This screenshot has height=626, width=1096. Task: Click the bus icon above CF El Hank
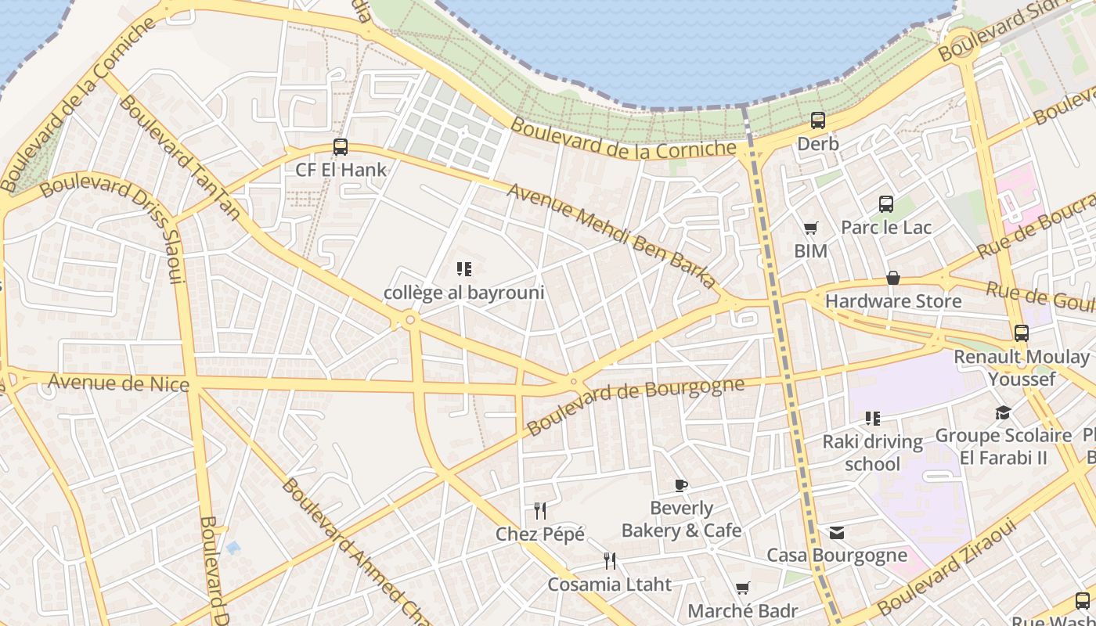click(341, 147)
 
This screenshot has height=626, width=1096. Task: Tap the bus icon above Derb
click(818, 121)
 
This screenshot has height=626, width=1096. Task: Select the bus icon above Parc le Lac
click(886, 204)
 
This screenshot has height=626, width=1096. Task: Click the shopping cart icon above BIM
click(810, 228)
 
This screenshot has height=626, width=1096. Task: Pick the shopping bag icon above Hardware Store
click(892, 278)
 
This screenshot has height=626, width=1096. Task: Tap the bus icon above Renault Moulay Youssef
click(1022, 333)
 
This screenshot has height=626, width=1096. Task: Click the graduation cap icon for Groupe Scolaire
click(1003, 412)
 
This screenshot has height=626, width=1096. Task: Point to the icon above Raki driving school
click(873, 419)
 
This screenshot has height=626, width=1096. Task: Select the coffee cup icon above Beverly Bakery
click(681, 485)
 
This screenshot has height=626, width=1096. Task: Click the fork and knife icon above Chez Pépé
click(540, 511)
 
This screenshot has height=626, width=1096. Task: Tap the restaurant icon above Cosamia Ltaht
click(610, 560)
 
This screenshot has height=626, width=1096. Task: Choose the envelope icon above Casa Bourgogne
click(837, 533)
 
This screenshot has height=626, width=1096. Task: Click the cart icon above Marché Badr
click(742, 588)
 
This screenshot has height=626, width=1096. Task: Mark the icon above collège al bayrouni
click(464, 270)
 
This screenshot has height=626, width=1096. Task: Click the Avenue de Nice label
click(119, 383)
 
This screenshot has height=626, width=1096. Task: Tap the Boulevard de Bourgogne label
click(635, 406)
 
